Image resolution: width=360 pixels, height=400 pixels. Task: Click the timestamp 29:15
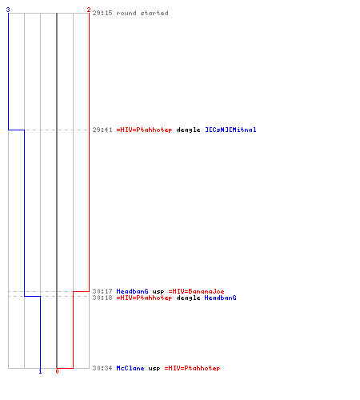[102, 13]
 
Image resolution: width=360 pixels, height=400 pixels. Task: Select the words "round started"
[142, 13]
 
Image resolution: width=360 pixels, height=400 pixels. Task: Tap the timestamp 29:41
[102, 130]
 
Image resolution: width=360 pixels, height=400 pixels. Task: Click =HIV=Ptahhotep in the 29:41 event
[144, 130]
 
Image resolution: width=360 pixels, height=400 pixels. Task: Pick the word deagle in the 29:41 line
[188, 130]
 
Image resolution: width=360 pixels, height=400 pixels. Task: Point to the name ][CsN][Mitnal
[230, 130]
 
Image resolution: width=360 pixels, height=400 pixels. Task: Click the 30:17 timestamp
[102, 291]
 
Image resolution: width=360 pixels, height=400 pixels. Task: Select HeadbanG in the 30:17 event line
[132, 291]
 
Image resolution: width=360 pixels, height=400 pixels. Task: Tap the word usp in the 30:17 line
[158, 292]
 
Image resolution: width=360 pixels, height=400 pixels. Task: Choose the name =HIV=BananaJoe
[196, 291]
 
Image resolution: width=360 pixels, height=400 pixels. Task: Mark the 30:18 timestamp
[102, 298]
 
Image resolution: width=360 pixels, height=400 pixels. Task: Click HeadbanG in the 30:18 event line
[220, 298]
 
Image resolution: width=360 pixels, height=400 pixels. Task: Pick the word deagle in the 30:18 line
[188, 298]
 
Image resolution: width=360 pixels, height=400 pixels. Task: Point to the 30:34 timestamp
[102, 368]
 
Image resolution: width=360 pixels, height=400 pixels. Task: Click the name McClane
[130, 368]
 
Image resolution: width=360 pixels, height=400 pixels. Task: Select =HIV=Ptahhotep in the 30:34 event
[192, 369]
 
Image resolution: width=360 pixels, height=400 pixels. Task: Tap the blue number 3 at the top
[8, 10]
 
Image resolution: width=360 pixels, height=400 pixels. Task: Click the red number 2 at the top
[89, 10]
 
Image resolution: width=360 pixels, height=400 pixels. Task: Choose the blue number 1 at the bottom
[40, 372]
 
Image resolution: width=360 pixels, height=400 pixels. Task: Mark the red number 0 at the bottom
[57, 371]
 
